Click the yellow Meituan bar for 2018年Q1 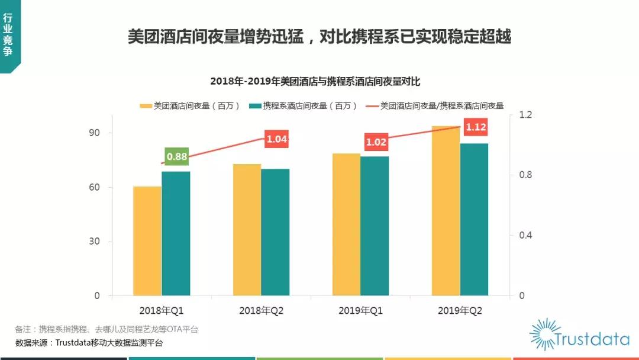point(147,241)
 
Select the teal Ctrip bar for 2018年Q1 point(176,233)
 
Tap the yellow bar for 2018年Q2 point(247,230)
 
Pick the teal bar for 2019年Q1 point(375,226)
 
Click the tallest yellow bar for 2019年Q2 point(446,211)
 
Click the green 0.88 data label point(176,157)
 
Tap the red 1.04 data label point(276,140)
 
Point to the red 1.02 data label point(376,142)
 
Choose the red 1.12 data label point(476,127)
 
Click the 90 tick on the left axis point(95,133)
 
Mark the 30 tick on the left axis point(95,242)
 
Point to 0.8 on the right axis point(525,175)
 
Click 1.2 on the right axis point(525,114)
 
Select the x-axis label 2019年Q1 point(360,310)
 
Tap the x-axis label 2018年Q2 point(261,310)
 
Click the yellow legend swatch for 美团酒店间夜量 point(146,106)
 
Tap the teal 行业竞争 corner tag point(9,36)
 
